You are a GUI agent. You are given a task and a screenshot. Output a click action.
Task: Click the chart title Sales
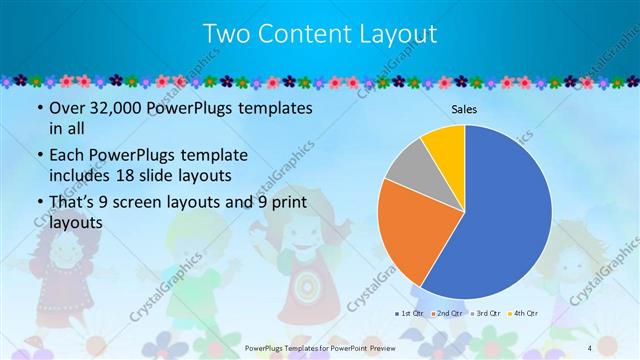464,107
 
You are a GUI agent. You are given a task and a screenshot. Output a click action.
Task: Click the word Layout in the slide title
401,34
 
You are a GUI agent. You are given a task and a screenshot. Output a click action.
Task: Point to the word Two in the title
226,34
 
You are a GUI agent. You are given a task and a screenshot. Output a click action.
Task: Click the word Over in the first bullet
69,107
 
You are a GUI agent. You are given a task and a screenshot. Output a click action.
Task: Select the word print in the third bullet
284,204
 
